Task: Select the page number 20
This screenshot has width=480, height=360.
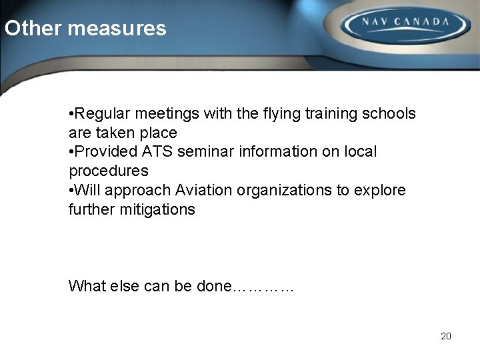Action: pyautogui.click(x=446, y=336)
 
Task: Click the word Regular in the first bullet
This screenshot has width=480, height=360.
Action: pyautogui.click(x=99, y=114)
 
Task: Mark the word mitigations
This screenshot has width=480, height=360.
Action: pyautogui.click(x=159, y=210)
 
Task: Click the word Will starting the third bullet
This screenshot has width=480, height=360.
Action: pyautogui.click(x=84, y=191)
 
